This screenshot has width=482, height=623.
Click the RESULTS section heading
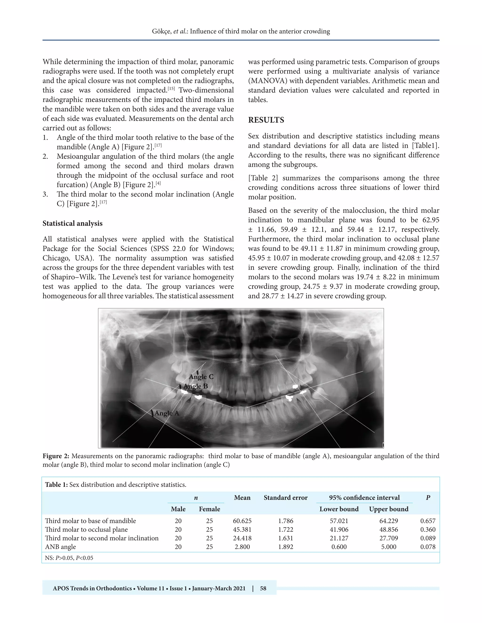click(266, 120)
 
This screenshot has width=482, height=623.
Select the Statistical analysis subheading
click(72, 223)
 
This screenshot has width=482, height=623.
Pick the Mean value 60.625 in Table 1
click(242, 521)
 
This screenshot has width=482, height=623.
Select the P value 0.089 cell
click(427, 538)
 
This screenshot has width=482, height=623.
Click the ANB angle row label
click(60, 547)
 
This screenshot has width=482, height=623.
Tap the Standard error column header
click(285, 498)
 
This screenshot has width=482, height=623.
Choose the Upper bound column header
click(388, 509)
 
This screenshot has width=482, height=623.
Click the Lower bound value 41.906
click(339, 530)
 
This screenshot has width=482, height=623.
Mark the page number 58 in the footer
click(263, 588)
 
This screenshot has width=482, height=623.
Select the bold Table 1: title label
click(56, 485)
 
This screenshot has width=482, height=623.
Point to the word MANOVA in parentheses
click(267, 81)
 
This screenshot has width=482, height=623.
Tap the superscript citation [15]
click(171, 88)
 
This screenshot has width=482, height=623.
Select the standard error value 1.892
click(285, 547)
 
